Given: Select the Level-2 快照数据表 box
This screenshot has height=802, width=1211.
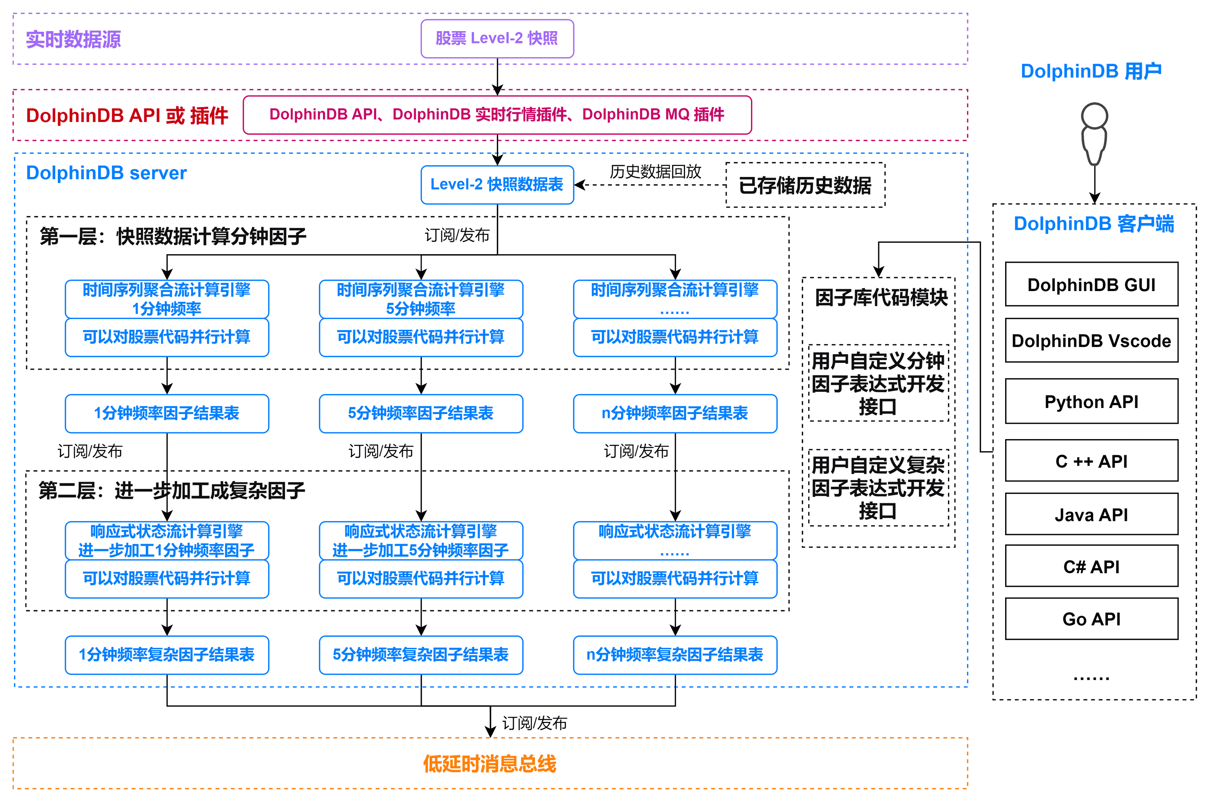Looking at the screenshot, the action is point(497,184).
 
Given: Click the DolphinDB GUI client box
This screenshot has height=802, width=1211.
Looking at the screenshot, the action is point(1091,284).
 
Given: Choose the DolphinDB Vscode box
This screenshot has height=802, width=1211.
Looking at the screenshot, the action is point(1091,341).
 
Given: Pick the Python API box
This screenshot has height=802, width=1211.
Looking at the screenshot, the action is point(1091,401).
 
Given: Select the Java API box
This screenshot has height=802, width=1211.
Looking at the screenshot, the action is point(1091,514).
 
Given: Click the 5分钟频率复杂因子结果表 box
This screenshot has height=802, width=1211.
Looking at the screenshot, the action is point(421,655).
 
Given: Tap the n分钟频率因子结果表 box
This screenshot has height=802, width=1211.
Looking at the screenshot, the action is point(675,413).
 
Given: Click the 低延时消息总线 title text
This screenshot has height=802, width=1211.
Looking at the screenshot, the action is point(489,764).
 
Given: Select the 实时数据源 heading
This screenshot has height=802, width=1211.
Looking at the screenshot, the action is point(73,39).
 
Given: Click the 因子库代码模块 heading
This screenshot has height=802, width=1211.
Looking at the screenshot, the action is point(881,297).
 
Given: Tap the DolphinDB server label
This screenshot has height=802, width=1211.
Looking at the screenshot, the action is point(106,173).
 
